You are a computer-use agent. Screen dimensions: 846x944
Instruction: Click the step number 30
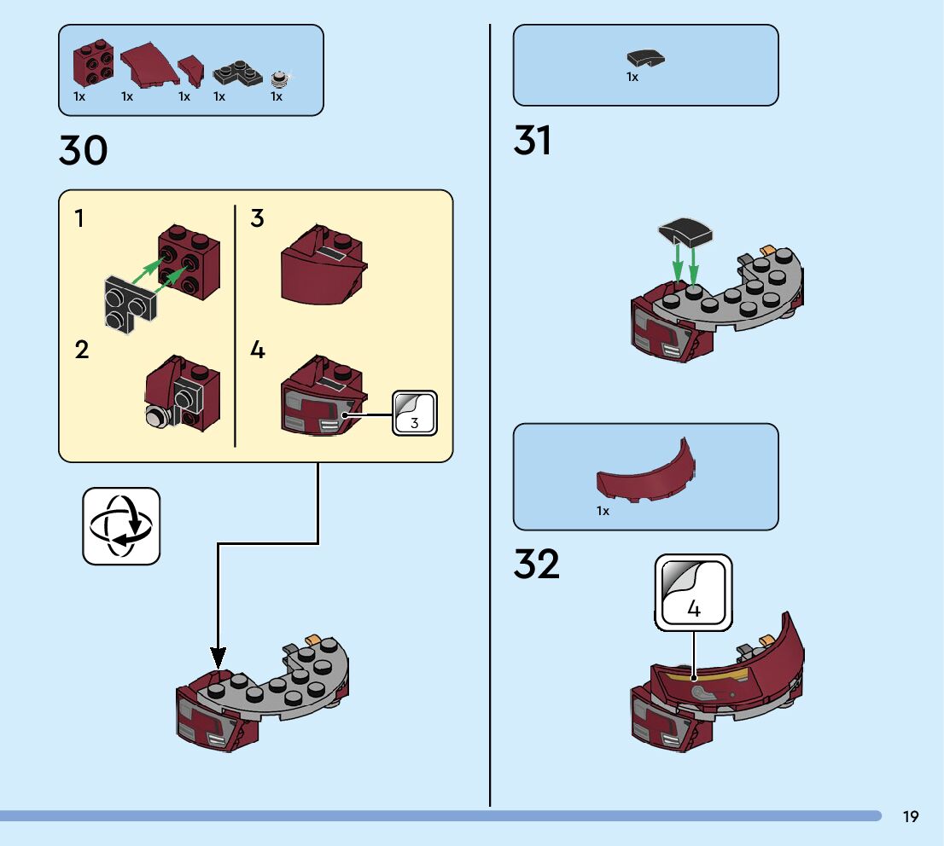84,151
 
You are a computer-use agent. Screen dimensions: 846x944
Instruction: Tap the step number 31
533,141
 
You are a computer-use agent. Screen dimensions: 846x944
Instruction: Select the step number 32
537,565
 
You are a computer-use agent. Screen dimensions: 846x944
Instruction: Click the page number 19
911,817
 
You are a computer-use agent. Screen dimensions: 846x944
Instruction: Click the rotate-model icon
121,526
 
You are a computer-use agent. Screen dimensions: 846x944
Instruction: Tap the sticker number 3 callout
415,413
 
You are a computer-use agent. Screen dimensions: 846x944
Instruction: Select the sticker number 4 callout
693,593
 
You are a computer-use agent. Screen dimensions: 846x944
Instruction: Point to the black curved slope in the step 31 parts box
645,59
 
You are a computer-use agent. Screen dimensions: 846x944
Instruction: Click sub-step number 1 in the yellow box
79,219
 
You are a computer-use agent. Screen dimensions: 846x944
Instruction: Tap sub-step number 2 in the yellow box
82,350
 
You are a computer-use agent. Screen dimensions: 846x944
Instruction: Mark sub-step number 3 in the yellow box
257,219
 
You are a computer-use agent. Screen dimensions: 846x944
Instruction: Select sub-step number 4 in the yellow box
258,350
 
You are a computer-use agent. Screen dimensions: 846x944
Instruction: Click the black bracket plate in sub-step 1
125,304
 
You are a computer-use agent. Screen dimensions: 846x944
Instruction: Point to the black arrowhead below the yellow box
218,658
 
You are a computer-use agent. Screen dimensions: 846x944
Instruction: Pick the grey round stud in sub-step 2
156,415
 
